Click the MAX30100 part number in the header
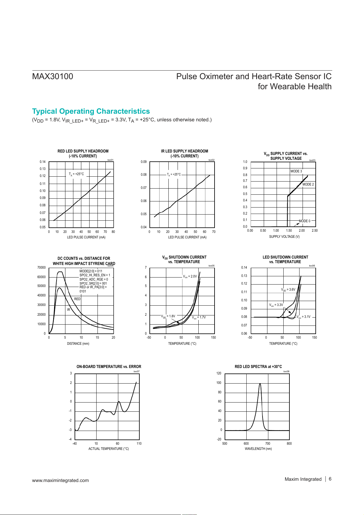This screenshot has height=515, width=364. click(53, 76)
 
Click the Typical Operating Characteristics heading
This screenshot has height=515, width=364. click(91, 111)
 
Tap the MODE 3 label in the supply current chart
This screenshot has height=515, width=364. click(296, 171)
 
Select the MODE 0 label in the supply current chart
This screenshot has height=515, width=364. click(304, 221)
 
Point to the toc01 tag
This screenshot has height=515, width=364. click(110, 160)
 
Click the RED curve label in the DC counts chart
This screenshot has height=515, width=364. click(77, 299)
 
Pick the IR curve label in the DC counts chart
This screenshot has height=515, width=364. click(68, 310)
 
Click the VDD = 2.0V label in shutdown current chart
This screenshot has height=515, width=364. click(190, 276)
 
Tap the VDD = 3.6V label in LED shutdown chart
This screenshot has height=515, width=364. click(288, 289)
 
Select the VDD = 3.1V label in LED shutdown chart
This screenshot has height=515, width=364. click(303, 317)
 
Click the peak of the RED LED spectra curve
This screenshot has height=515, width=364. click(260, 384)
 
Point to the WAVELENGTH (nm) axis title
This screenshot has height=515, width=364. click(258, 449)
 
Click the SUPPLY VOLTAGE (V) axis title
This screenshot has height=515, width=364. click(284, 237)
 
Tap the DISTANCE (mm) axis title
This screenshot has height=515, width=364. click(78, 344)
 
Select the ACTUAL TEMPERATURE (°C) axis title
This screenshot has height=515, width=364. click(108, 449)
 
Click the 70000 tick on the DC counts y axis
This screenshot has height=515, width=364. click(41, 267)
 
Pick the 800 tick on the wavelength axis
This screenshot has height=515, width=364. click(289, 443)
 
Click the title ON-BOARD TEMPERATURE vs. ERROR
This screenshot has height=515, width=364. click(109, 366)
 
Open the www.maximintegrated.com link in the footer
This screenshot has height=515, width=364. click(61, 480)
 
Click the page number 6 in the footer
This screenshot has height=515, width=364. click(330, 479)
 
